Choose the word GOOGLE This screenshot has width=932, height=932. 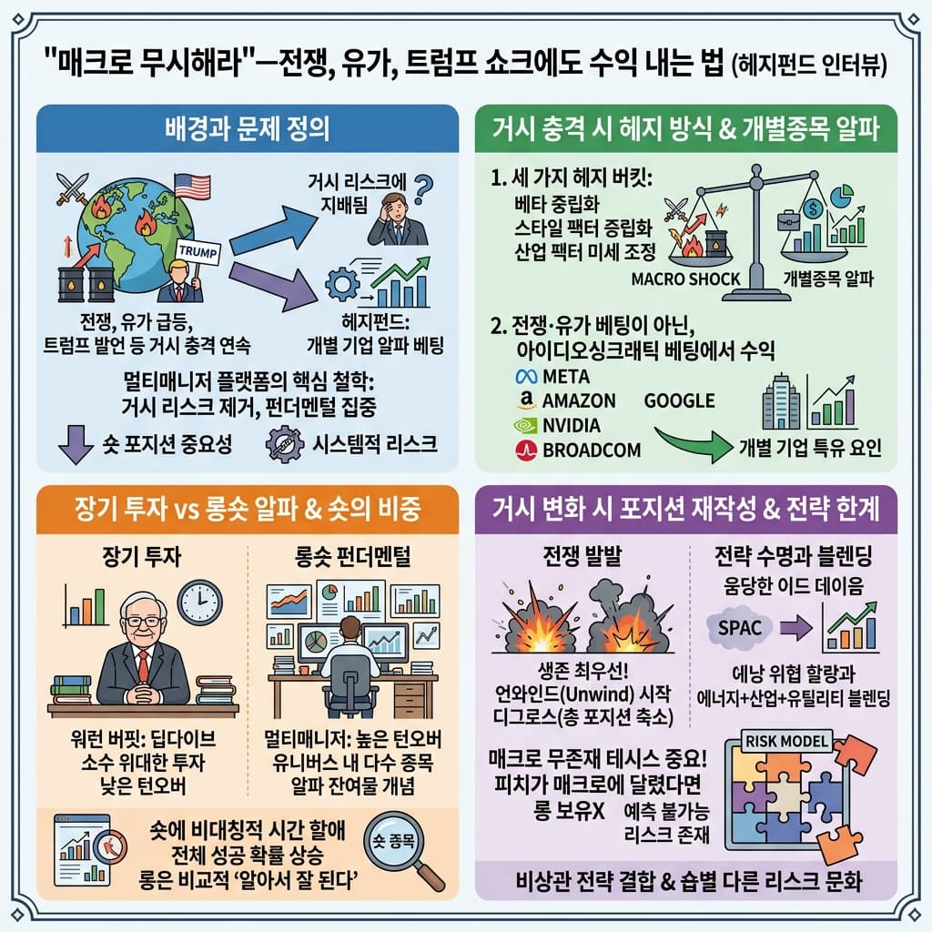(679, 400)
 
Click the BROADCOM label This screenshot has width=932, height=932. (591, 450)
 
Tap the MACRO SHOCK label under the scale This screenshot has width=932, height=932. (685, 279)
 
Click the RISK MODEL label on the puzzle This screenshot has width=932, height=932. (788, 741)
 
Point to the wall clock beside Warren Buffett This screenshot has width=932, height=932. (199, 603)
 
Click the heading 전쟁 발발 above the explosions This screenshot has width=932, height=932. (580, 558)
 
